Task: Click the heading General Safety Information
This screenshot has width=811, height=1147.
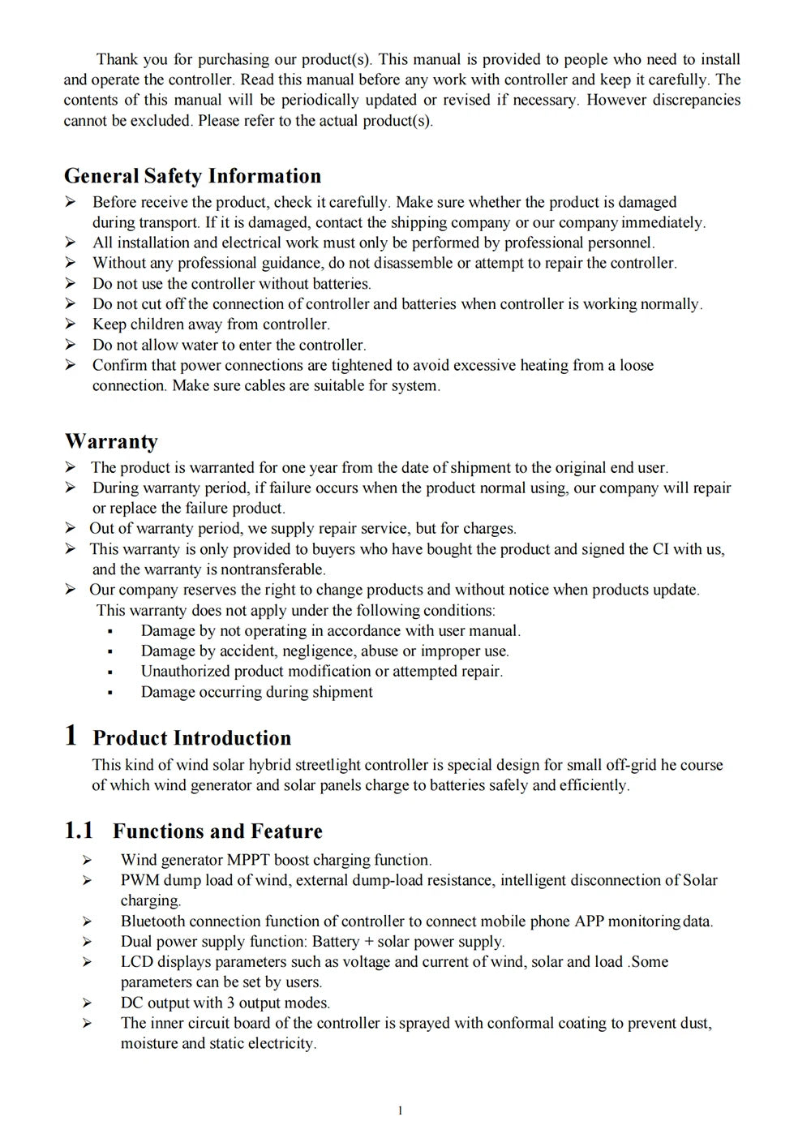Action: pos(192,176)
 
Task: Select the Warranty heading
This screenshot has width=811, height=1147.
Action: pos(111,441)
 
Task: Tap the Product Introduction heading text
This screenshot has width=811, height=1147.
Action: pos(191,738)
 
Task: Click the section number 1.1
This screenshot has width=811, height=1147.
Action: pos(79,831)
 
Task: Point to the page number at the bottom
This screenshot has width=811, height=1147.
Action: pos(401,1110)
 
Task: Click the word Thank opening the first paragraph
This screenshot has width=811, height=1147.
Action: pos(117,59)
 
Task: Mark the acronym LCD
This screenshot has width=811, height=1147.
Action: pos(137,962)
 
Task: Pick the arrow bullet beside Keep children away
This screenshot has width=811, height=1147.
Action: pos(71,324)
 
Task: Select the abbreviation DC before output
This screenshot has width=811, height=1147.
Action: pos(131,1003)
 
